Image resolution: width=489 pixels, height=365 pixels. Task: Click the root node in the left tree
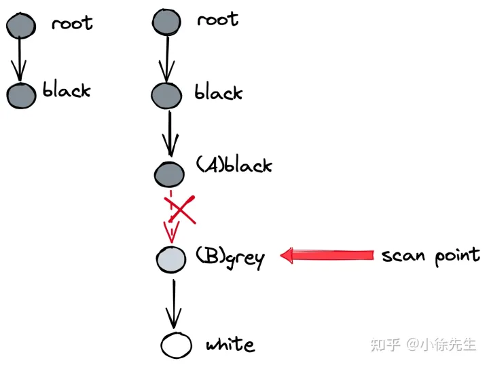21,26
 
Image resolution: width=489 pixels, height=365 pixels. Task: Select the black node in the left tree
22,95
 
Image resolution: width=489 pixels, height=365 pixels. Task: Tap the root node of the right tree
167,22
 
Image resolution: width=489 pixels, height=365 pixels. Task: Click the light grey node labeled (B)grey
170,258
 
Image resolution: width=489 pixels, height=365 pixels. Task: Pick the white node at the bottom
177,345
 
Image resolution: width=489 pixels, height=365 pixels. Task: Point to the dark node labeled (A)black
169,174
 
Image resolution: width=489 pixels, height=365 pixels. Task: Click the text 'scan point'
430,256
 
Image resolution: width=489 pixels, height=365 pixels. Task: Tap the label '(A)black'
234,165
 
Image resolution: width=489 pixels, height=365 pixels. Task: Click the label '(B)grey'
229,256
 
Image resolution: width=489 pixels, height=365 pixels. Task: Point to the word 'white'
230,345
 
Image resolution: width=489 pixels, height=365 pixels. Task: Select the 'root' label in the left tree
71,23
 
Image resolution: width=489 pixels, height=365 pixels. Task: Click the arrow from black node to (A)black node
169,133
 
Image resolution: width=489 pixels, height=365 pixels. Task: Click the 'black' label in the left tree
67,91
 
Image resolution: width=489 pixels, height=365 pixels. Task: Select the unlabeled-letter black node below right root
167,95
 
